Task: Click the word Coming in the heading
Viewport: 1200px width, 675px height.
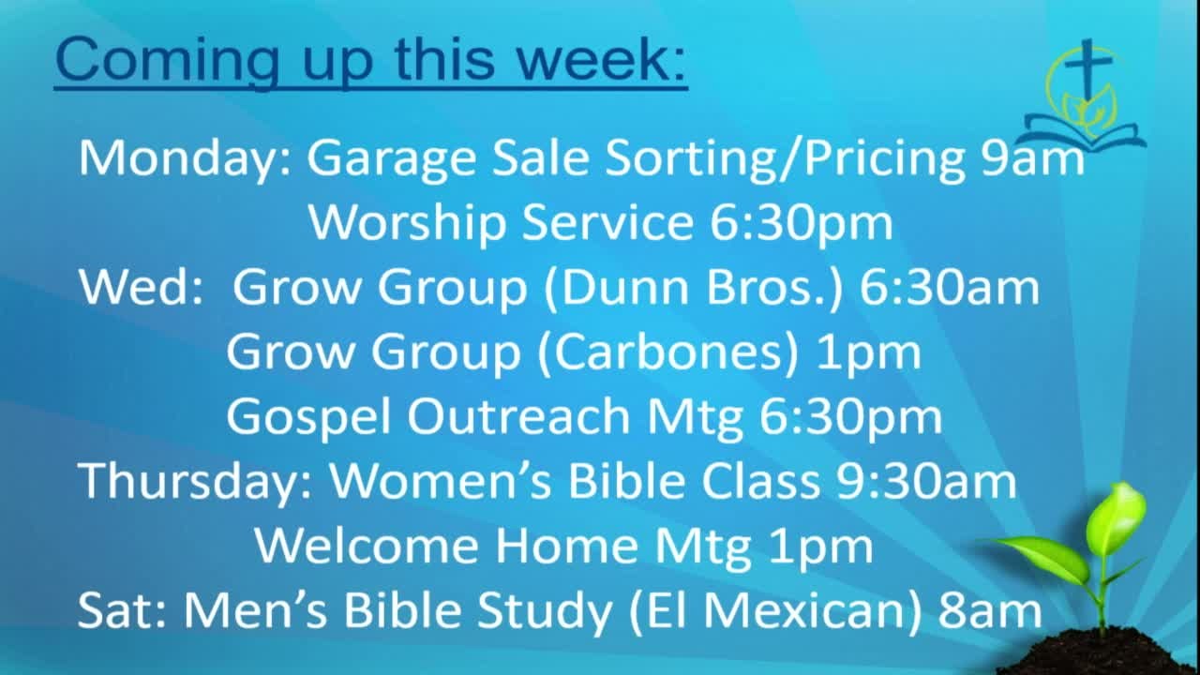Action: (x=167, y=61)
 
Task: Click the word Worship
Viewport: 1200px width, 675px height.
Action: (x=408, y=224)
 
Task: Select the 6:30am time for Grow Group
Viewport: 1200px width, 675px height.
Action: (x=950, y=288)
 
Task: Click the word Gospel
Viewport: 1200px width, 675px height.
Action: (x=307, y=418)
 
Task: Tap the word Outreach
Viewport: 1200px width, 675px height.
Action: (x=518, y=417)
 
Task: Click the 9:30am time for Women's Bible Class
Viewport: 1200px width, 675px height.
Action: (x=926, y=481)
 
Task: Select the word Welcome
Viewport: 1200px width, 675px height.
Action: (x=367, y=547)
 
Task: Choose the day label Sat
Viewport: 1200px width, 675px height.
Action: (x=116, y=610)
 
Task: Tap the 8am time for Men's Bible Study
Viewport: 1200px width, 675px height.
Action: (x=989, y=610)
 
